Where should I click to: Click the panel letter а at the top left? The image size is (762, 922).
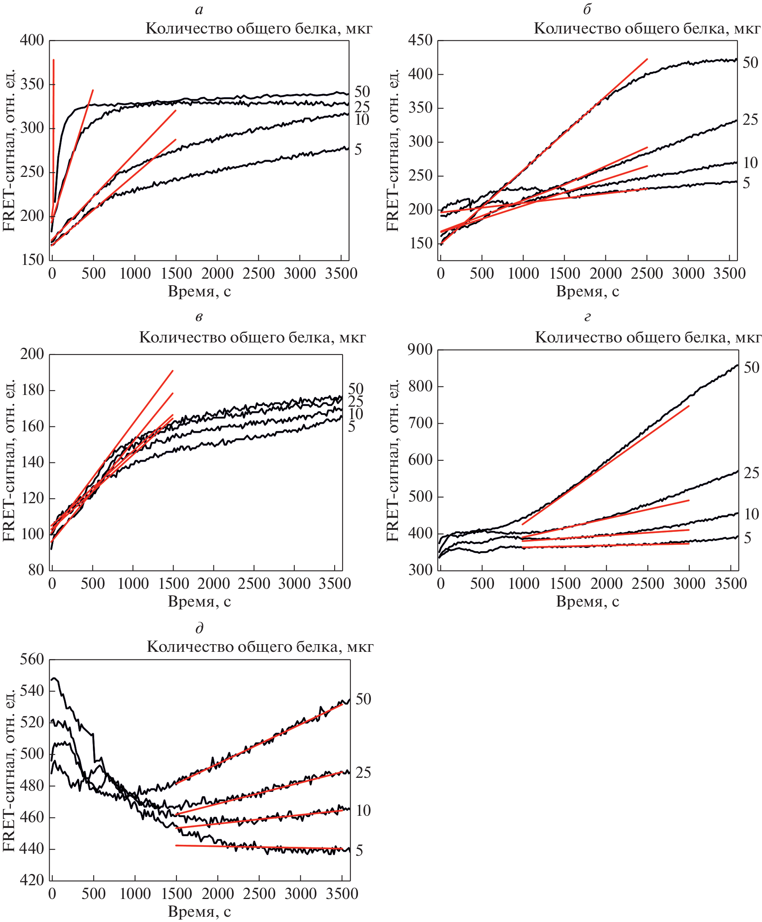pos(199,10)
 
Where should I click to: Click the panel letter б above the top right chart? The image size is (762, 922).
pos(587,9)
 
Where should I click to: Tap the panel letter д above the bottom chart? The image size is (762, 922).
pos(199,628)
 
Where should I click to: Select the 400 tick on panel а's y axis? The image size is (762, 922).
pos(31,40)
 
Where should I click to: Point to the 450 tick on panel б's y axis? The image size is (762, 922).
pos(420,40)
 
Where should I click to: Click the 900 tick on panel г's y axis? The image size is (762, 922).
pos(420,349)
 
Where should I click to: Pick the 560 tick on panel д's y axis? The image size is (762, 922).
pos(31,659)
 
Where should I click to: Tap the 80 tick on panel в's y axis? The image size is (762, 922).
pos(36,570)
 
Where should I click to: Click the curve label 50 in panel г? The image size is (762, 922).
pos(751,368)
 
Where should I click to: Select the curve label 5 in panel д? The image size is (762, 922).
pos(359,851)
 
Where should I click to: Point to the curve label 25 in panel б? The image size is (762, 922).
pos(750,120)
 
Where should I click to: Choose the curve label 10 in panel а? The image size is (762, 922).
pos(362,120)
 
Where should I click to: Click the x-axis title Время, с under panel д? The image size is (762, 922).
pos(199,911)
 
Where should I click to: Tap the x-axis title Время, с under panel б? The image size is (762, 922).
pos(587,291)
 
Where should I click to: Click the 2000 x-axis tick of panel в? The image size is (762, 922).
pos(213,584)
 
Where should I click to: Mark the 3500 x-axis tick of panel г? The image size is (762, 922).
pos(731,584)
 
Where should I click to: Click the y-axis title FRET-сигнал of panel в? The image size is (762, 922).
pos(9,483)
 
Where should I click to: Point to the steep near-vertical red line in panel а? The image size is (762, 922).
pos(53,132)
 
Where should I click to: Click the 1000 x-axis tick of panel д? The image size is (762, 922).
pos(135,894)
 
